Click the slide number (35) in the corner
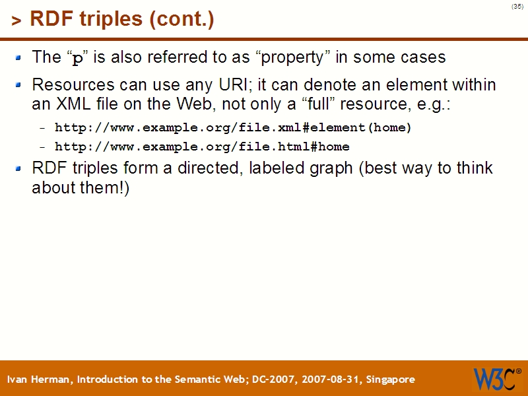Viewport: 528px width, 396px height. click(x=517, y=7)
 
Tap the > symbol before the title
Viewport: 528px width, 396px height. click(x=16, y=21)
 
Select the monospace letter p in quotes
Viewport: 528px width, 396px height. click(x=78, y=58)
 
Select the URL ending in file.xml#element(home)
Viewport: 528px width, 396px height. click(x=233, y=127)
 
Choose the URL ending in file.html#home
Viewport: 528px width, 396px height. click(x=202, y=147)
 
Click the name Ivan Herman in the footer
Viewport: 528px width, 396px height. click(x=40, y=379)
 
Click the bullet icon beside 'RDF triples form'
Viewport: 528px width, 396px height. click(x=19, y=168)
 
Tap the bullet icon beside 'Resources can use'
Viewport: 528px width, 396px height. click(x=19, y=84)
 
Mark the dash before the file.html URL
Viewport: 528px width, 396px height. click(x=43, y=147)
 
